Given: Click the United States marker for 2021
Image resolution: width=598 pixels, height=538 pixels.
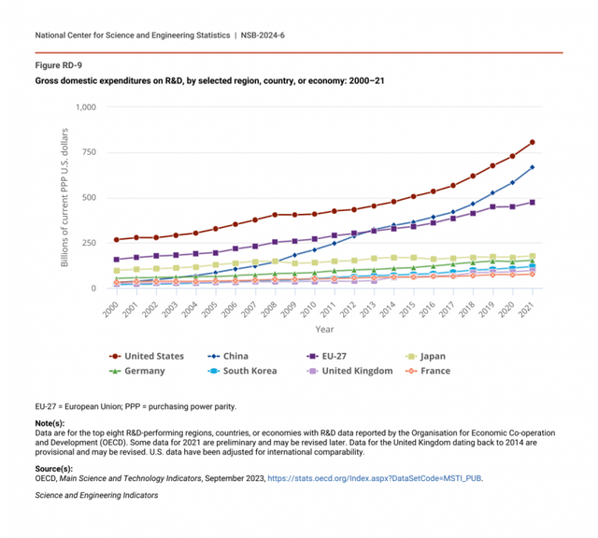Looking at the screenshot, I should point(532,142).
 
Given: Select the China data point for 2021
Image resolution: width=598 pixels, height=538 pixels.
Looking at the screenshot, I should point(532,167).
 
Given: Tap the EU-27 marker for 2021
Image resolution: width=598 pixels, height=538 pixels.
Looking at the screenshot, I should point(532,202).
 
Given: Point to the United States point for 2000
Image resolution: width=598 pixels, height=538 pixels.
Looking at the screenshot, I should point(117,240).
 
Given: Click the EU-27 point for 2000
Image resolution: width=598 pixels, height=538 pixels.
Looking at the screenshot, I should point(117,260).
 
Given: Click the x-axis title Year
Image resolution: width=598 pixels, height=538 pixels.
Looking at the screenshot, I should point(324,329).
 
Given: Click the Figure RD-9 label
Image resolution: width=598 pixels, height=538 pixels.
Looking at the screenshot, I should point(58,66).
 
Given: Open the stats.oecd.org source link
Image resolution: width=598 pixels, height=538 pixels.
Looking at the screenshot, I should point(375,477).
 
